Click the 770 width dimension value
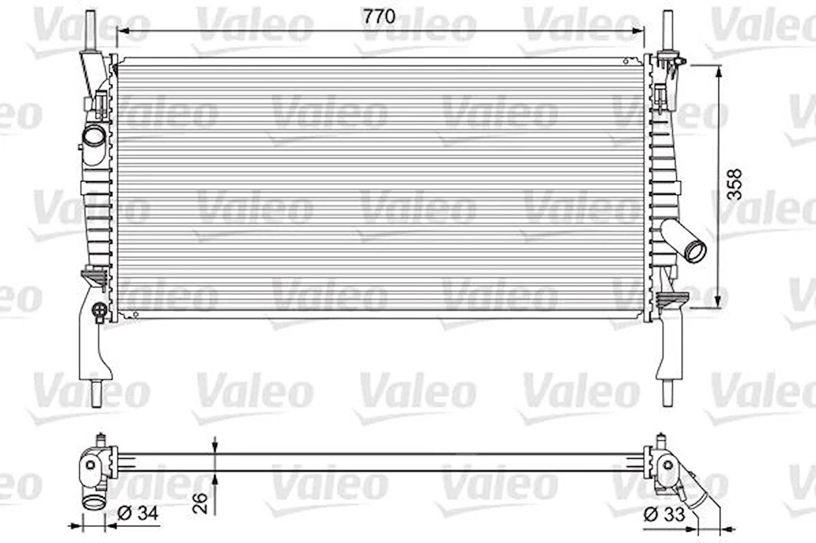(x=380, y=17)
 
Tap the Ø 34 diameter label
(x=138, y=513)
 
